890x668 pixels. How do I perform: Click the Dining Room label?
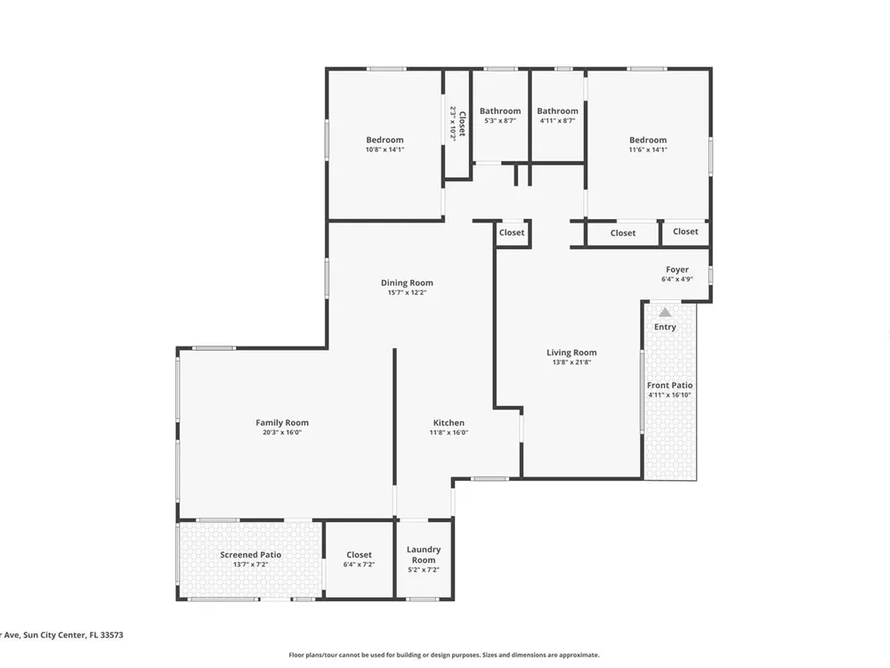[407, 283]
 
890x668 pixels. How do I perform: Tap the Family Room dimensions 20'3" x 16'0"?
[281, 432]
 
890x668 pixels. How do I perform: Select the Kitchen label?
[449, 422]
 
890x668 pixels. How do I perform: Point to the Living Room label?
[571, 352]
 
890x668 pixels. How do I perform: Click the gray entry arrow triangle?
[665, 313]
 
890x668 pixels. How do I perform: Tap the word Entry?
[665, 327]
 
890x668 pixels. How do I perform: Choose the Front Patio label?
[670, 385]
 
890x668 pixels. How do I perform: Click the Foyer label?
[677, 269]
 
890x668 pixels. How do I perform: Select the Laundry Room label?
[424, 554]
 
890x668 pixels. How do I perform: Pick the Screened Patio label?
[250, 554]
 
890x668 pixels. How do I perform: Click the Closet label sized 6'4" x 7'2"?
[359, 554]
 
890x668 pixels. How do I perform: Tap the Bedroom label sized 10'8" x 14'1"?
[384, 140]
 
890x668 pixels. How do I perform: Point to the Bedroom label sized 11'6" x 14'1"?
[648, 140]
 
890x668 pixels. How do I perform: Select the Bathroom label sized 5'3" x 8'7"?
[500, 110]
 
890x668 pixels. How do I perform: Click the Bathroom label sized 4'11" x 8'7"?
[557, 110]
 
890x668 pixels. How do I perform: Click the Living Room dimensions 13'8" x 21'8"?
[571, 362]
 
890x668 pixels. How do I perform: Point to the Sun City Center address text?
[61, 635]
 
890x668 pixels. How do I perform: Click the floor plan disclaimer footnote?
[444, 655]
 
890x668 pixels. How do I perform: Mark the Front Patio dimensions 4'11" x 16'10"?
[670, 395]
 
